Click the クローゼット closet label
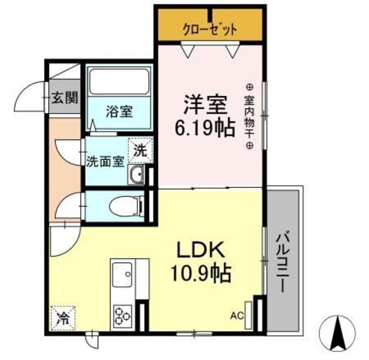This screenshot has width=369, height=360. [x=210, y=30]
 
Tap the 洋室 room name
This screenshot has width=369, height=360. [x=205, y=104]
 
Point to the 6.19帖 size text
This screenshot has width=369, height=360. [x=205, y=129]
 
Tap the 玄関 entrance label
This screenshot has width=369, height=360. [x=65, y=97]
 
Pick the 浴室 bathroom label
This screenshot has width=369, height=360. [x=119, y=111]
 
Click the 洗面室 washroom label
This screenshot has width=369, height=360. [x=105, y=162]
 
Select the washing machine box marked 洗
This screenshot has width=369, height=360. [x=140, y=150]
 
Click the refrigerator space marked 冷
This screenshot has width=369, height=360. [x=63, y=318]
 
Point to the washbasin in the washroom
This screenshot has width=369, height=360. [x=136, y=174]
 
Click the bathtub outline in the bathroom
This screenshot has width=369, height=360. [x=119, y=81]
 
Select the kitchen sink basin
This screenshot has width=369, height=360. [x=122, y=275]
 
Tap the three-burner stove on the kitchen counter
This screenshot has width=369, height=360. [x=123, y=316]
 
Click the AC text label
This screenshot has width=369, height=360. [x=237, y=316]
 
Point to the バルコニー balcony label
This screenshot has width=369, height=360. [x=283, y=261]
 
